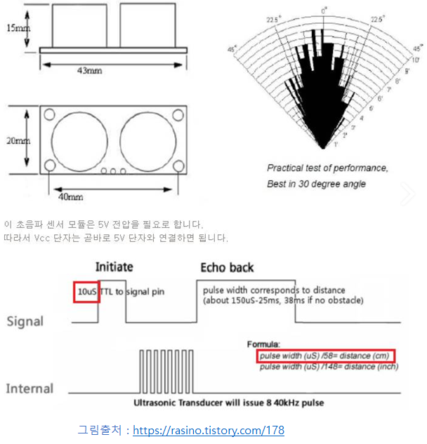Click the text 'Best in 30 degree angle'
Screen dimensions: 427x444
[316, 184]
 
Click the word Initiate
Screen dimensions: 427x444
[114, 268]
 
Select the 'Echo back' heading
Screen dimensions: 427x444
[227, 268]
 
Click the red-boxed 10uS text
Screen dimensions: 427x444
[86, 290]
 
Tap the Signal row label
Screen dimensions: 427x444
[25, 321]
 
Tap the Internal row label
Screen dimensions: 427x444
[29, 389]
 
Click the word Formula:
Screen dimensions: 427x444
[263, 344]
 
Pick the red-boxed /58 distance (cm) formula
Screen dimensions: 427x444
[325, 356]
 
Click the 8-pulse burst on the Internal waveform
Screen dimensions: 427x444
[166, 370]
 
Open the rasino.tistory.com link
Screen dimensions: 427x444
[209, 430]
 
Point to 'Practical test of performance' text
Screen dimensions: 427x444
[327, 168]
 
